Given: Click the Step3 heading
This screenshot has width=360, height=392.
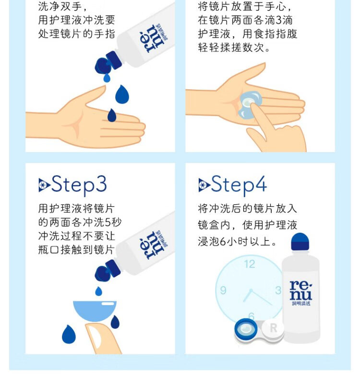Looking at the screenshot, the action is (79, 185).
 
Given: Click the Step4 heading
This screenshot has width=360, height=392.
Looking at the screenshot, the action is (239, 185).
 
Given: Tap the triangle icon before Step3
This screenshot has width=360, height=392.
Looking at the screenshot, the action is (44, 185).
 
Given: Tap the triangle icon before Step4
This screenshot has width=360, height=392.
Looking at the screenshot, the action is (204, 185).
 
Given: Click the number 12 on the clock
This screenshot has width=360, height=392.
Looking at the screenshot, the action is (250, 264).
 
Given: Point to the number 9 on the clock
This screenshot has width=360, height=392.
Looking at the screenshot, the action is (223, 290).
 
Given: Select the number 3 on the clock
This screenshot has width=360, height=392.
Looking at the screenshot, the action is (278, 290).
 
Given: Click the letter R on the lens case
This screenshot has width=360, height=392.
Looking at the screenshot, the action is (274, 328).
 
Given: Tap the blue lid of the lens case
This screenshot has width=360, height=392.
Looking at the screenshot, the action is (246, 329).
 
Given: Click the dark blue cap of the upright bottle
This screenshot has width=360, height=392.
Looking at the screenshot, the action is (300, 241).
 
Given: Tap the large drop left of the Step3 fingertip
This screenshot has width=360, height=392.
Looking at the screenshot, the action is (69, 334).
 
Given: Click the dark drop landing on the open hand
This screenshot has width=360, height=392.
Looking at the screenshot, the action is (111, 116).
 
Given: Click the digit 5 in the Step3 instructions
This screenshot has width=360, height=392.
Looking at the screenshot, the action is (108, 222).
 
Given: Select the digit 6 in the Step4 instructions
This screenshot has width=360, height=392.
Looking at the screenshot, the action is (223, 241).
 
